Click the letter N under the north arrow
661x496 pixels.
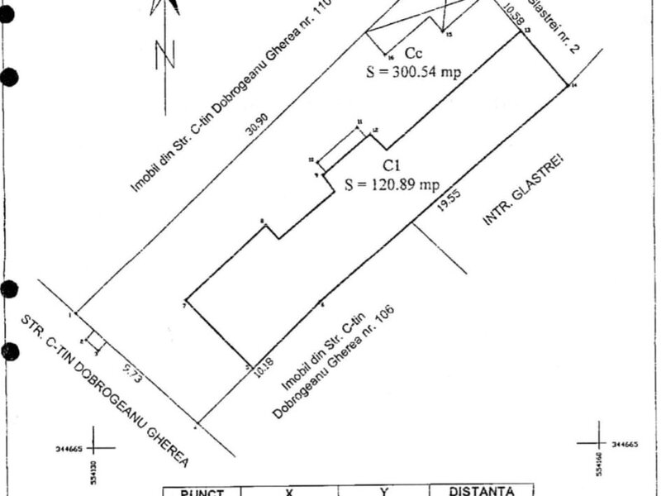(167, 55)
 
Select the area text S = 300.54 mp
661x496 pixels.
(413, 72)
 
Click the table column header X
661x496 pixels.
(289, 492)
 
